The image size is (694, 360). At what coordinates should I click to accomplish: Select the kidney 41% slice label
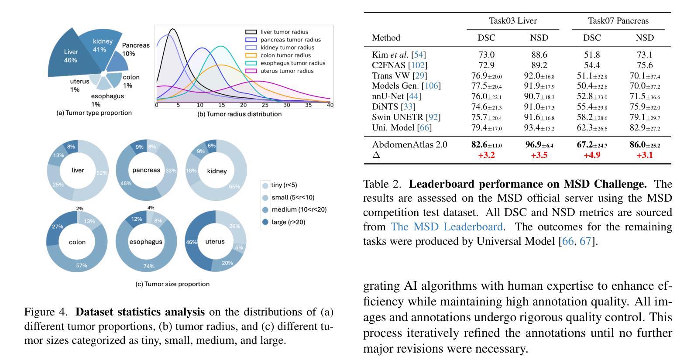pyautogui.click(x=103, y=45)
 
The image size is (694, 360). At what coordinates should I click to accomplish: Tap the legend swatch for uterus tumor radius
pyautogui.click(x=251, y=71)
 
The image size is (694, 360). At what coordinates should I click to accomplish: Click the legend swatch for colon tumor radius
pyautogui.click(x=251, y=55)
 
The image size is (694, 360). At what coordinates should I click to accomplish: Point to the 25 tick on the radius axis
pyautogui.click(x=265, y=105)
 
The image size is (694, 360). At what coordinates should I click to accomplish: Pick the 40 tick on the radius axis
pyautogui.click(x=330, y=105)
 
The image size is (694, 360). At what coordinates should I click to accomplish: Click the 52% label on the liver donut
pyautogui.click(x=102, y=173)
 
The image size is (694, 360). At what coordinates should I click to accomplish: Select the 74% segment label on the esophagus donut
pyautogui.click(x=149, y=266)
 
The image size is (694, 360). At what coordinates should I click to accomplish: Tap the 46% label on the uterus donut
pyautogui.click(x=191, y=242)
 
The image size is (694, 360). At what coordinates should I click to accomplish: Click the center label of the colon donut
pyautogui.click(x=77, y=242)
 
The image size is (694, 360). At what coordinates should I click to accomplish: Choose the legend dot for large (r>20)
pyautogui.click(x=265, y=223)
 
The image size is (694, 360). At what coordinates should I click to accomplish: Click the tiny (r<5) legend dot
pyautogui.click(x=265, y=185)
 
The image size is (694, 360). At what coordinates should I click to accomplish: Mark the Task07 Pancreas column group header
pyautogui.click(x=618, y=21)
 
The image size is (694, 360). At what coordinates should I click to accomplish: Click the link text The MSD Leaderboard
pyautogui.click(x=447, y=227)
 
